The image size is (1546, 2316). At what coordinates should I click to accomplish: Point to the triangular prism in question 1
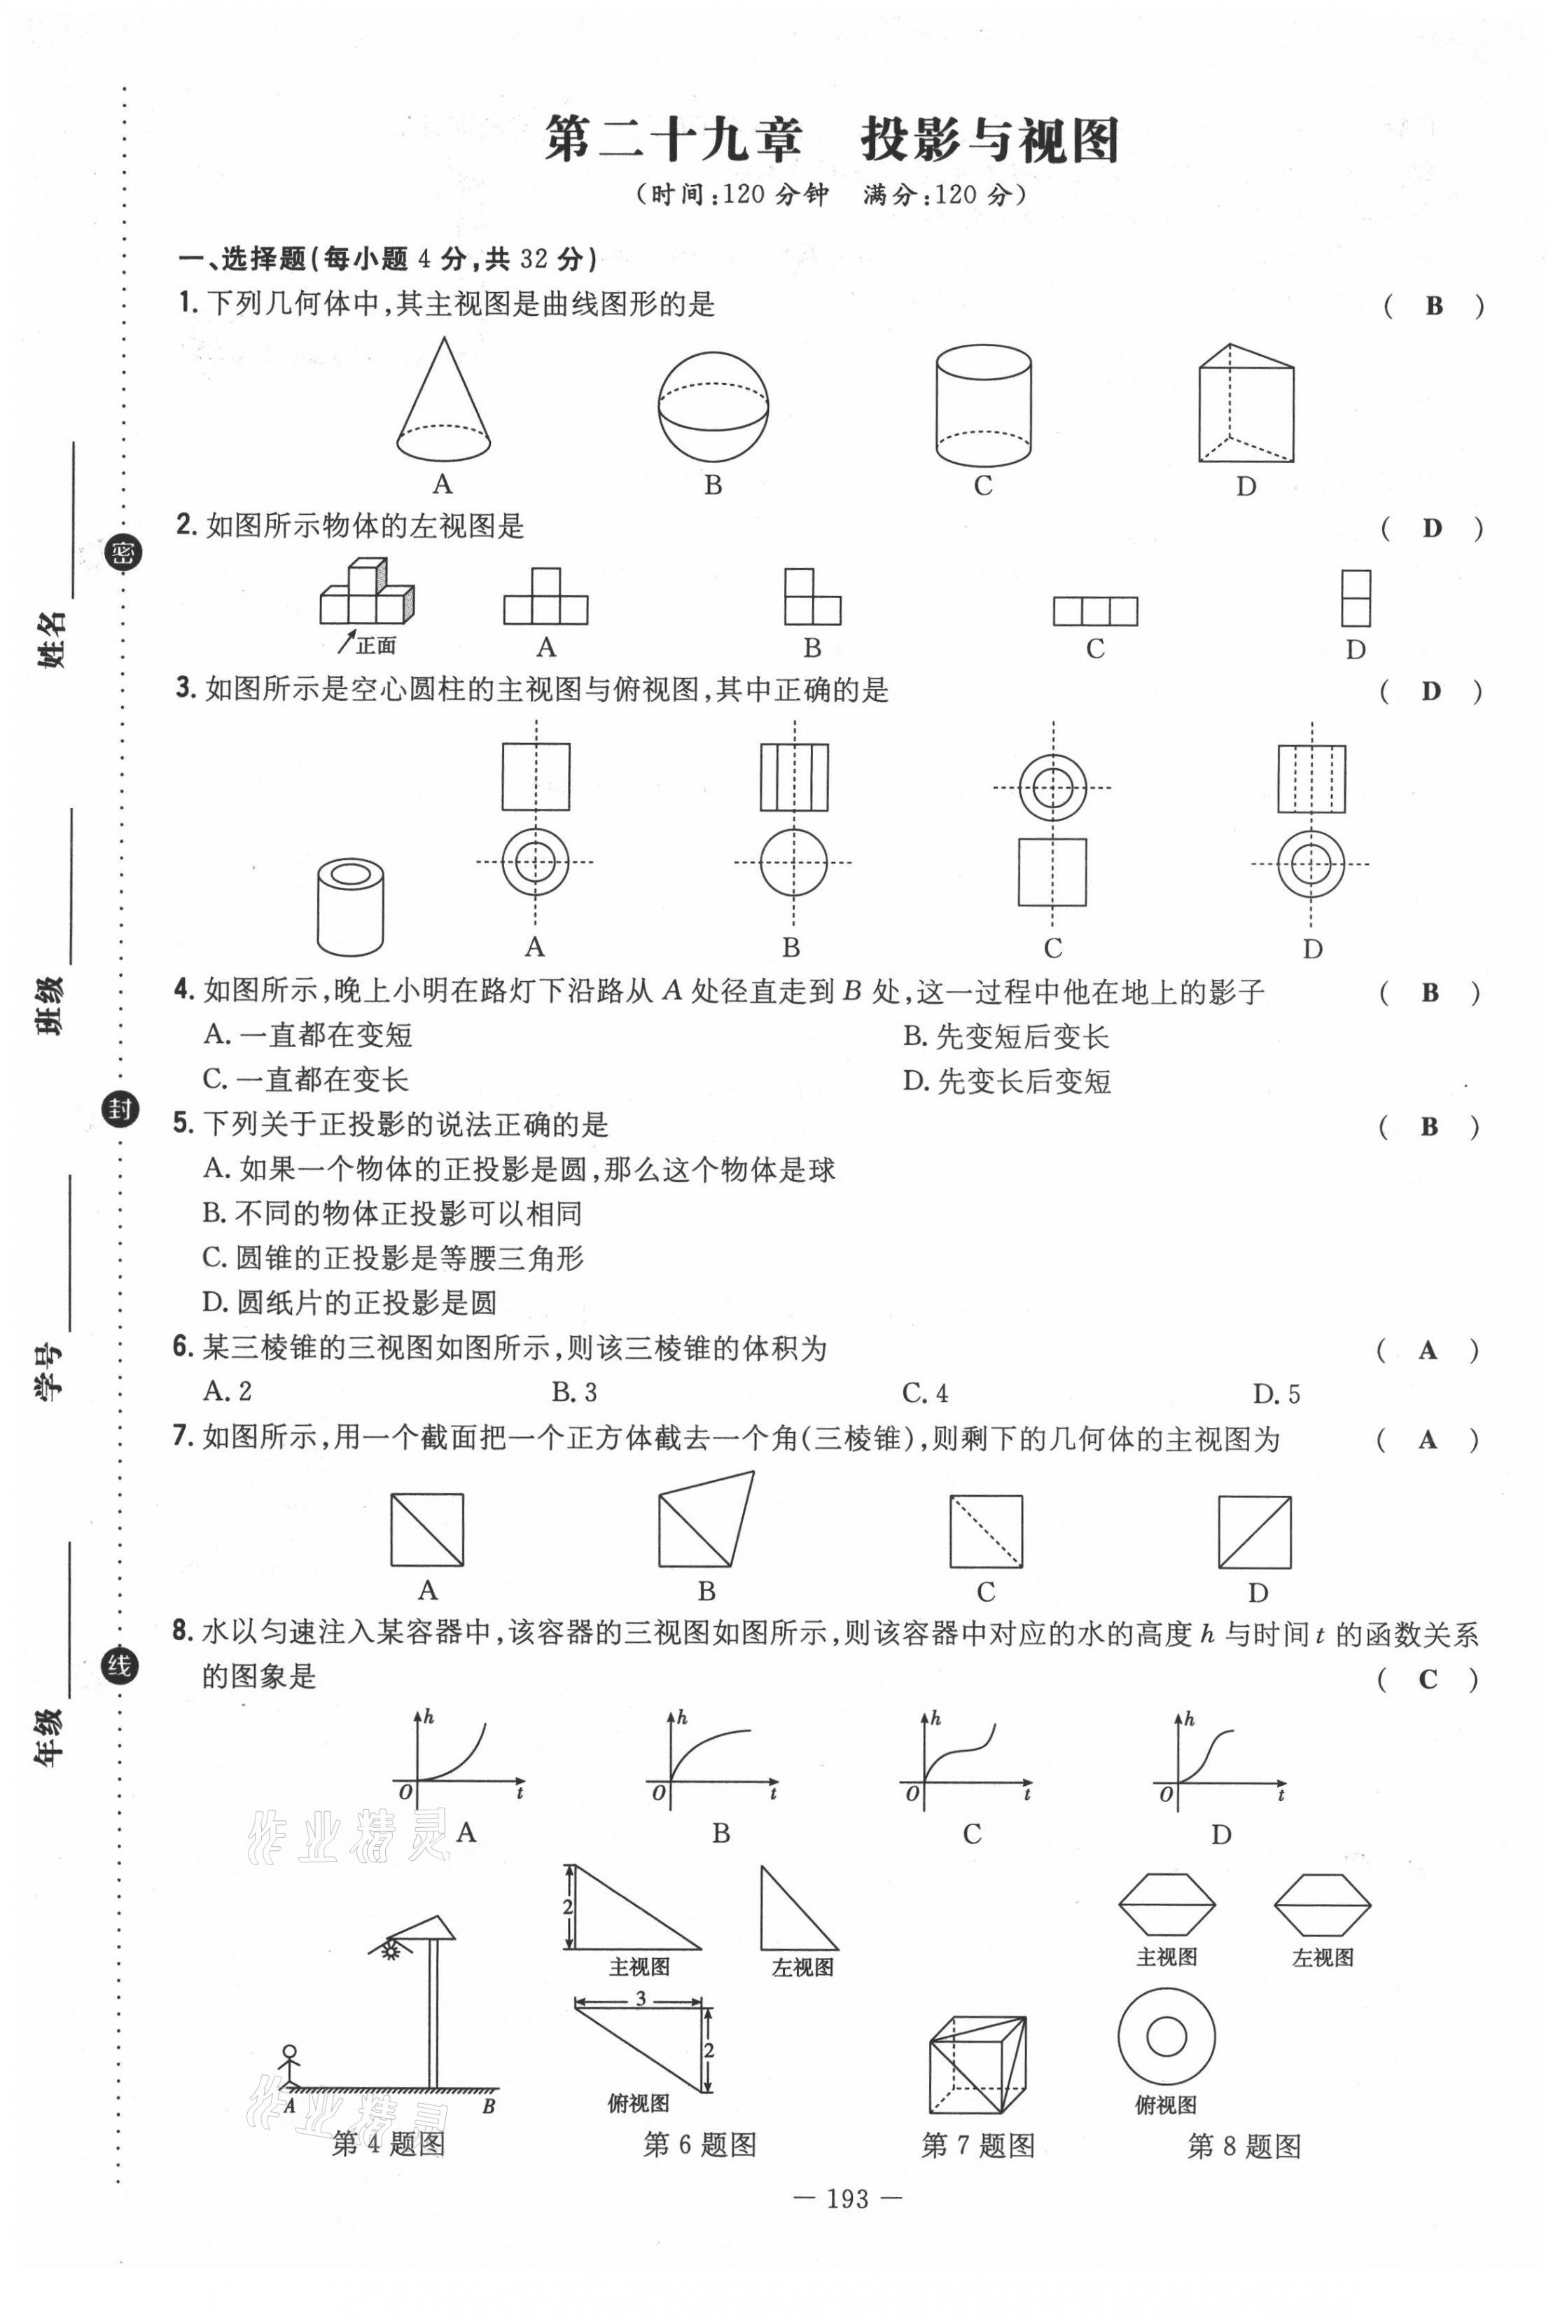[1246, 403]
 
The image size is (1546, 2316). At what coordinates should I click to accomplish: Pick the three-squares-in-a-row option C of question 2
[1094, 611]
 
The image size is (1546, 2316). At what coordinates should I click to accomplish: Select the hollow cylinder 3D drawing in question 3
[350, 906]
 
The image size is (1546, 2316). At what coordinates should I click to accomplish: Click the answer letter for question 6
[1427, 1351]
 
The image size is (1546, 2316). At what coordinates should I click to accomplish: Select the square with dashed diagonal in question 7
[986, 1531]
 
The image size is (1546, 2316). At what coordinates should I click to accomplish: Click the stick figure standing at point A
[289, 2065]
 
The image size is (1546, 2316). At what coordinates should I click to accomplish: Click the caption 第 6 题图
[699, 2144]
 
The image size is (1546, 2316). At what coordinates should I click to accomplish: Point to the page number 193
[849, 2198]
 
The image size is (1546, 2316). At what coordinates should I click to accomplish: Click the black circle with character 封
[120, 1109]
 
